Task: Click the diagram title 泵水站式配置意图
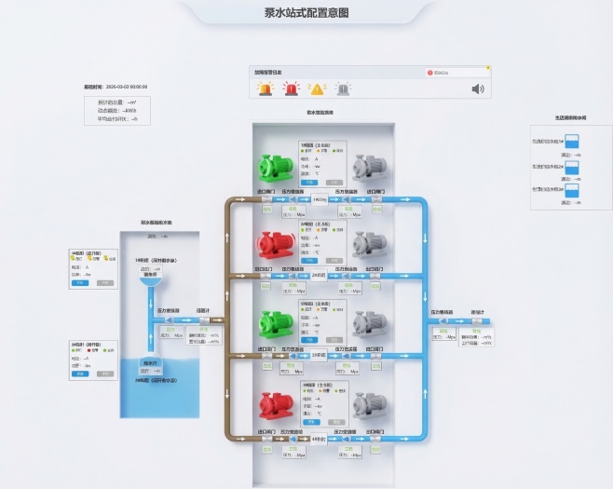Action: pos(306,12)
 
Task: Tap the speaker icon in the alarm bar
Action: pos(478,89)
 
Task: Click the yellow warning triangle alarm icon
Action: pos(317,89)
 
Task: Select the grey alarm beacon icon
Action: pos(343,89)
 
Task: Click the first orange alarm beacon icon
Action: pos(266,89)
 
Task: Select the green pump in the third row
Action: pos(276,322)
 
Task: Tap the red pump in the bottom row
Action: pos(276,403)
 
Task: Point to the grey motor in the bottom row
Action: pos(372,403)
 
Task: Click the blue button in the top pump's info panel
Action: pos(310,183)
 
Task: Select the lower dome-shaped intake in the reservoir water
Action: pos(150,363)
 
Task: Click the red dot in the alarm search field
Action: pos(430,72)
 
